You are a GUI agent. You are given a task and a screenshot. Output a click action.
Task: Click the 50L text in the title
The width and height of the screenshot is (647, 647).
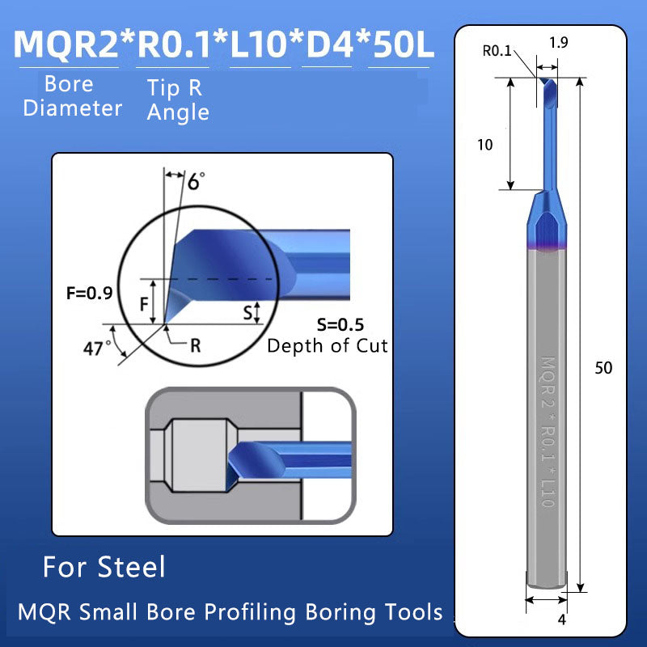[x=401, y=44]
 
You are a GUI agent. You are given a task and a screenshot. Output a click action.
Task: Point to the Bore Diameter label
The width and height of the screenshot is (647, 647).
[x=72, y=96]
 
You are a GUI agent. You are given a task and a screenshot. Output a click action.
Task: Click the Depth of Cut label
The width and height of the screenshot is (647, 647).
[x=327, y=346]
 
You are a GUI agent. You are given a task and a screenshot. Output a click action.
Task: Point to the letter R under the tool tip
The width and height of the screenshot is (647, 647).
[x=195, y=345]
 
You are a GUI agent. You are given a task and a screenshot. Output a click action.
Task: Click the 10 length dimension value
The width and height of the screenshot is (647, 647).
[x=485, y=146]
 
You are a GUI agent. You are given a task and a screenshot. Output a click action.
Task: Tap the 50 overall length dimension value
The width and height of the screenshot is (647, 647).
[x=603, y=368]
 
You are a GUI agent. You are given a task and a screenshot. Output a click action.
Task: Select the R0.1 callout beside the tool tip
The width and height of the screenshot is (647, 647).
[x=497, y=51]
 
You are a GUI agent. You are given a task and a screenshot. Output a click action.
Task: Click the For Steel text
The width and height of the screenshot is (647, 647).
[x=104, y=567]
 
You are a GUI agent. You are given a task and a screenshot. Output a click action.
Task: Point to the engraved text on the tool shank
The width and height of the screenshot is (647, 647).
[x=547, y=433]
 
